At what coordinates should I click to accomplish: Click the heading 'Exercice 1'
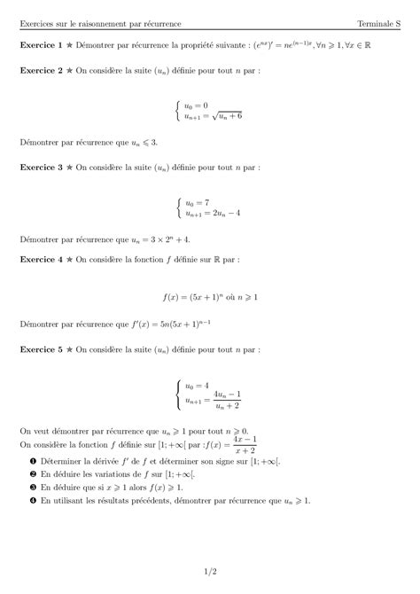point(40,43)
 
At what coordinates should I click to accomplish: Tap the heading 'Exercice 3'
point(40,166)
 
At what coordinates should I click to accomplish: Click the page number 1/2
point(209,574)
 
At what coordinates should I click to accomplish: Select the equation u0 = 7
point(199,201)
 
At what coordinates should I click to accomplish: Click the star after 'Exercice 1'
point(69,43)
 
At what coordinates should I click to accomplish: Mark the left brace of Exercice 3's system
point(179,208)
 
